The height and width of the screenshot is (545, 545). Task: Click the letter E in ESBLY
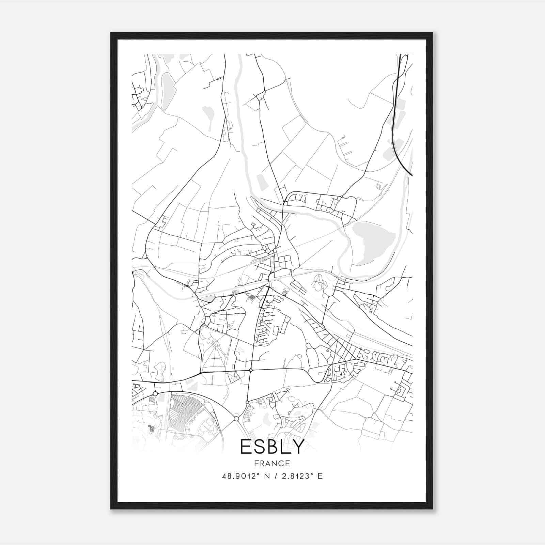(x=246, y=447)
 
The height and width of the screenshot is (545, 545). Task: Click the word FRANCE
(x=272, y=463)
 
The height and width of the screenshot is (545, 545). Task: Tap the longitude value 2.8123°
(x=296, y=476)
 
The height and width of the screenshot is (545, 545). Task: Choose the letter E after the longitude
(x=320, y=476)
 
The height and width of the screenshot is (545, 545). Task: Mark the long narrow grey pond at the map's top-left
(x=167, y=90)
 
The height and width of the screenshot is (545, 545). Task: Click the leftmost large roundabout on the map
(x=155, y=393)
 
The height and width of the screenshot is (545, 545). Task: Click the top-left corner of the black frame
(x=111, y=33)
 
